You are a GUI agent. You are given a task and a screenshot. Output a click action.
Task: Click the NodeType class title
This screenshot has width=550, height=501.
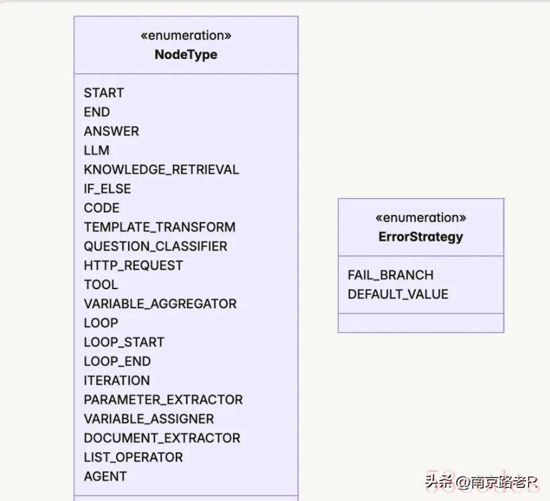[186, 55]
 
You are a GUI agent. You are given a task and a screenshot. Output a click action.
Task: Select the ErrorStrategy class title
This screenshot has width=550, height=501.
[421, 237]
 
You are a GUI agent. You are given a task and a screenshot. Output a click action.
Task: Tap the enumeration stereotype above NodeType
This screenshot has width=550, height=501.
[186, 35]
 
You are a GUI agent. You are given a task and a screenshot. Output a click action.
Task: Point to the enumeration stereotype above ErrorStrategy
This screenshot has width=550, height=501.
[421, 218]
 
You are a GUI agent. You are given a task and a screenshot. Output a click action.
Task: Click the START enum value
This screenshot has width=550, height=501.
[104, 93]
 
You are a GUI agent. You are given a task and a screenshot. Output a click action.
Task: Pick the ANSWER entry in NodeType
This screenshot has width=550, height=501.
[112, 132]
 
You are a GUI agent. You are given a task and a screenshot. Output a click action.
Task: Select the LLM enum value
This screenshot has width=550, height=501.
[97, 150]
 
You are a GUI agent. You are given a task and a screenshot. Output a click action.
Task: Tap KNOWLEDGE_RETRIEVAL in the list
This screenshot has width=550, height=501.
[161, 169]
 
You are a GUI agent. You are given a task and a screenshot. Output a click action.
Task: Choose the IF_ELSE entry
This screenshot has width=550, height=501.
[107, 189]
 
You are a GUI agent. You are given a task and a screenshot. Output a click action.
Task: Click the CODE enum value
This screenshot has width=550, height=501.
[102, 208]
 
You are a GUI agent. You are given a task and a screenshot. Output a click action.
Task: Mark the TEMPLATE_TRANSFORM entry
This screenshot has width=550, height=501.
[159, 227]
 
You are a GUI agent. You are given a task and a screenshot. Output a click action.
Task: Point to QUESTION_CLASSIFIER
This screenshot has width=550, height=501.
[155, 246]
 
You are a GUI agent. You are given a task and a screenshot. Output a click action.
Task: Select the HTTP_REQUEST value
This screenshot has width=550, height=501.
[133, 266]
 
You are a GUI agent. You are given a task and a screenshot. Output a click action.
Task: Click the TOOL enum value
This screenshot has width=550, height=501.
[101, 285]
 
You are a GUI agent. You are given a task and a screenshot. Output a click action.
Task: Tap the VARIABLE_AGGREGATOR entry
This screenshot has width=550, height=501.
[160, 303]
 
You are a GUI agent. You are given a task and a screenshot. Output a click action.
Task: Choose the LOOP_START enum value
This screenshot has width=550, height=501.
[124, 342]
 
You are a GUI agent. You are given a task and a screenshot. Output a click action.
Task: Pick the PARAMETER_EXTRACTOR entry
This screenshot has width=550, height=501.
[163, 400]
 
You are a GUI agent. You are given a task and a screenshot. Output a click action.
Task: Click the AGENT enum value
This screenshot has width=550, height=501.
[105, 477]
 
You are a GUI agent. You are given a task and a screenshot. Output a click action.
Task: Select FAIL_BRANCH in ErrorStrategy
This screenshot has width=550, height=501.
[391, 275]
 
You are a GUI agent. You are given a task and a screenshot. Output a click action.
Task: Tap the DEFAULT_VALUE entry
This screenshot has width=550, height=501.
[398, 294]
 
